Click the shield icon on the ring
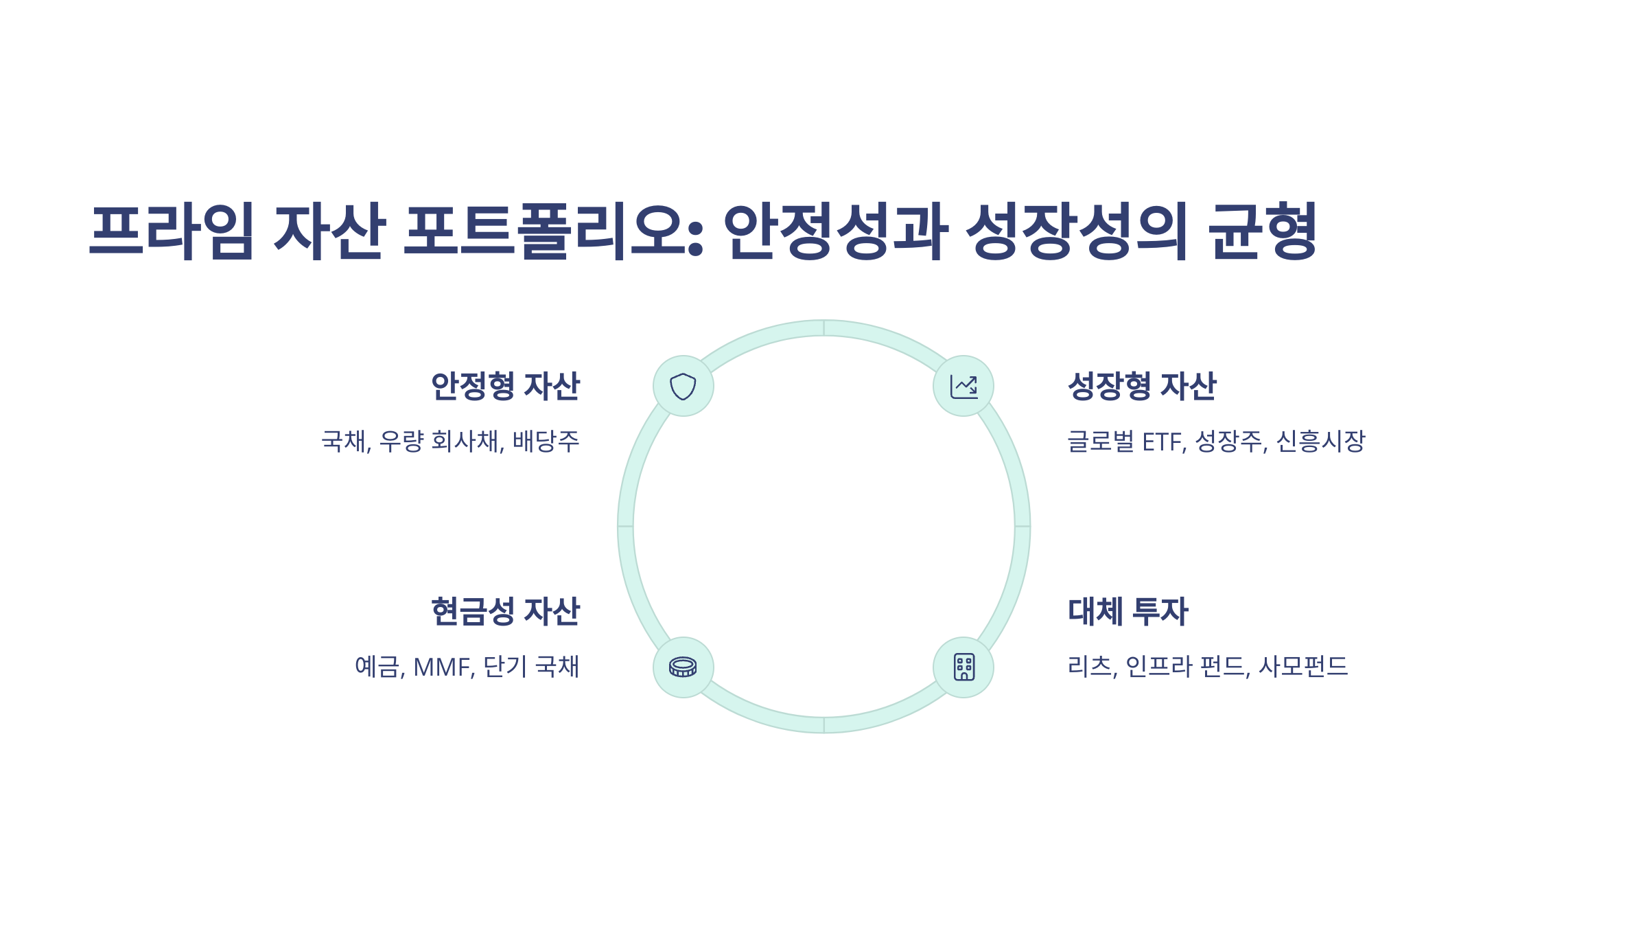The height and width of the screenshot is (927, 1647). point(683,386)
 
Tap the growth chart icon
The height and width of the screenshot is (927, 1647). point(963,386)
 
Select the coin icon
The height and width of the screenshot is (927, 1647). point(683,667)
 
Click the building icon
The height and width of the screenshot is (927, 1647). point(963,667)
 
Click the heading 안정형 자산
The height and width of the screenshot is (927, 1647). point(505,386)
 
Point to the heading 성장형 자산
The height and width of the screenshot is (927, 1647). point(1142,386)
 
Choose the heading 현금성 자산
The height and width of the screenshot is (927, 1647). point(505,611)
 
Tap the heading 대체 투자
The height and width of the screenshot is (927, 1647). point(1128,611)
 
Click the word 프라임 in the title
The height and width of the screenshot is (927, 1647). point(172,231)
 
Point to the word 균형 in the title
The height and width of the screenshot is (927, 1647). point(1263,231)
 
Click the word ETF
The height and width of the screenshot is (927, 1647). point(1163,442)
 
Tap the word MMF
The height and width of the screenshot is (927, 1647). point(443,667)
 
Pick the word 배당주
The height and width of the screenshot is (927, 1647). point(546,441)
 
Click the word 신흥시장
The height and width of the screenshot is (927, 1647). point(1320,441)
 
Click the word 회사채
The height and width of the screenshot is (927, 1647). point(467,441)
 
